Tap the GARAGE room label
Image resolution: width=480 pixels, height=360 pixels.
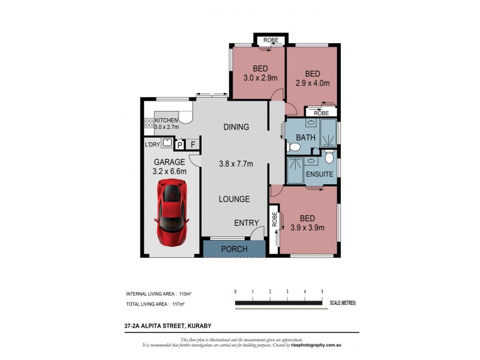click(x=169, y=162)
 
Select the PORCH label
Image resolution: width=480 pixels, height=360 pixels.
click(x=234, y=249)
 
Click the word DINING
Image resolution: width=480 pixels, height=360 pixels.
click(x=236, y=127)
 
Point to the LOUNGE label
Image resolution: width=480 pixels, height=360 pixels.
click(x=234, y=199)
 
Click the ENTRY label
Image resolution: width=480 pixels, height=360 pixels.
click(x=246, y=223)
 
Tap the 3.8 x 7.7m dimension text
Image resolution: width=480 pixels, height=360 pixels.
click(x=236, y=163)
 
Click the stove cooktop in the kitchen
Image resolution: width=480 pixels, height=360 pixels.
click(x=149, y=124)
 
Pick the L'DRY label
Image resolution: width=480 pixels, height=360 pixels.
click(x=153, y=145)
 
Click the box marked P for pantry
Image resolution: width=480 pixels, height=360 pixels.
click(x=179, y=145)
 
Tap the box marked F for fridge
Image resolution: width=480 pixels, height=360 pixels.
click(x=192, y=145)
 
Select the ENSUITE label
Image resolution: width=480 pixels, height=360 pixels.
click(x=319, y=174)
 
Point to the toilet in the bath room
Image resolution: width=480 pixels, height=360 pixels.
click(x=295, y=147)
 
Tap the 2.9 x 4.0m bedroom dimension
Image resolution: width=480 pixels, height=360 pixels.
click(x=313, y=83)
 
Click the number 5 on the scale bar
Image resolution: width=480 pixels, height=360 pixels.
click(x=322, y=292)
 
